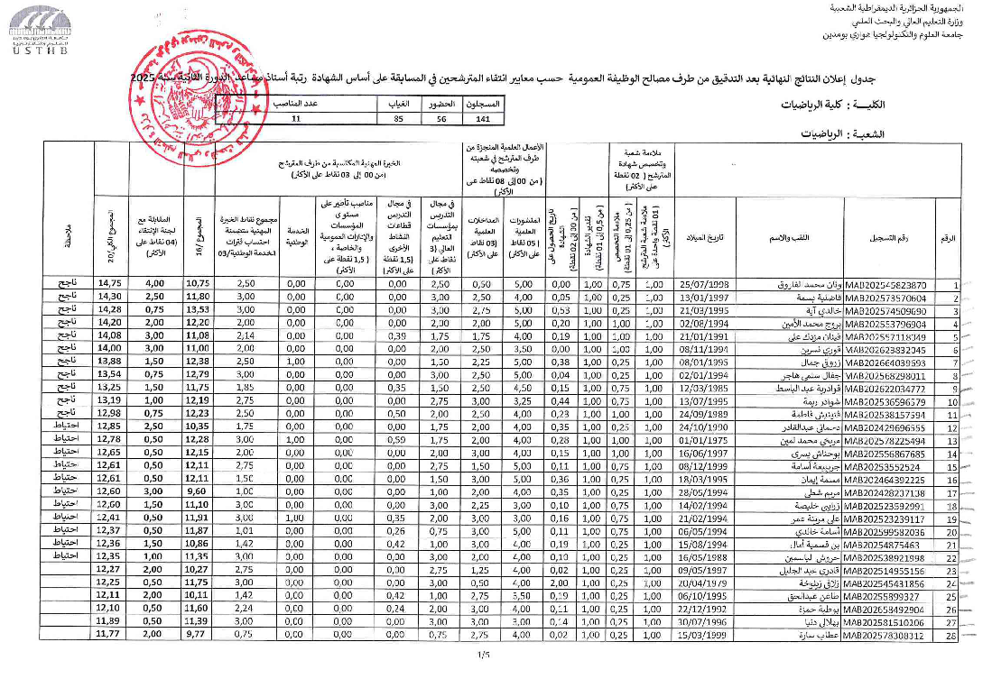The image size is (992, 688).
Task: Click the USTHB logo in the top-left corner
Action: click(x=33, y=29)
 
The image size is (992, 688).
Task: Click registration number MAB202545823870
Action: click(x=885, y=284)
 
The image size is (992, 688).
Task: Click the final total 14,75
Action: click(x=109, y=284)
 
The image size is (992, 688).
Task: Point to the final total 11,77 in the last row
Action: click(x=109, y=636)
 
